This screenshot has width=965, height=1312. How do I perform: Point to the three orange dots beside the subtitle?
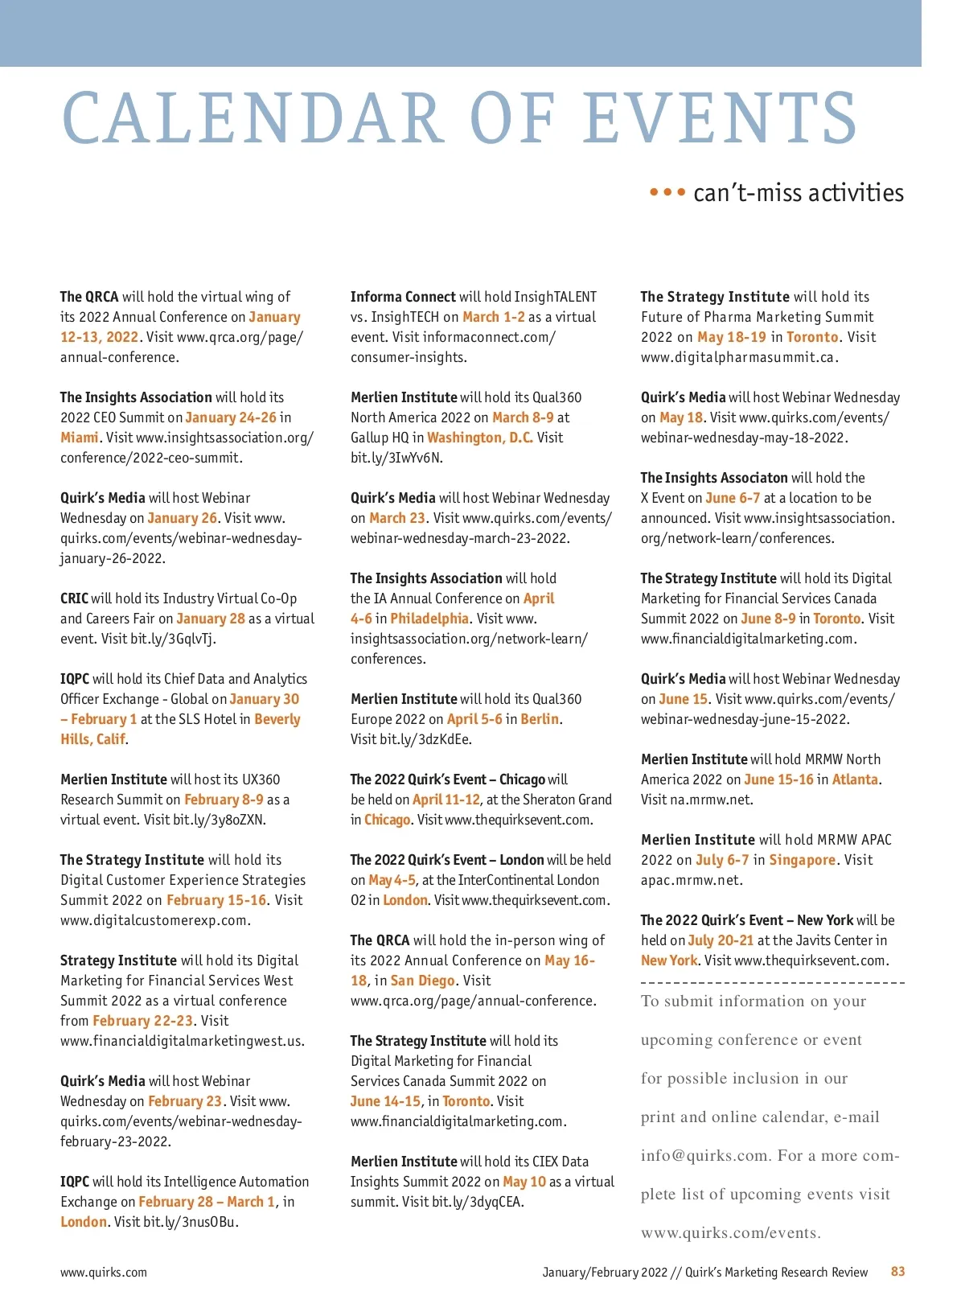667,192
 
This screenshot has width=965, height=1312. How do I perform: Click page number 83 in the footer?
897,1271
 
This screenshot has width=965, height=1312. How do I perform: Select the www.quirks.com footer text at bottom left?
103,1272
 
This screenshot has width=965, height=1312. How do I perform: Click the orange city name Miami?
80,438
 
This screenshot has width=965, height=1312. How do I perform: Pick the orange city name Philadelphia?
429,619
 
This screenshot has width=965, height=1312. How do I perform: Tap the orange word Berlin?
539,719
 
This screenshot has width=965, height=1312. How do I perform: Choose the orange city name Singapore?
802,860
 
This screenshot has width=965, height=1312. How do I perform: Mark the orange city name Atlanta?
855,779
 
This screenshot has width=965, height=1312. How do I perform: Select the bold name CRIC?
74,598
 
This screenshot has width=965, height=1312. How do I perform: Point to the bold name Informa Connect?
403,297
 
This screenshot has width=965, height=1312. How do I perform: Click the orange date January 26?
182,518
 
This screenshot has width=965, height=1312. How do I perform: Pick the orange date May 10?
524,1182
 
